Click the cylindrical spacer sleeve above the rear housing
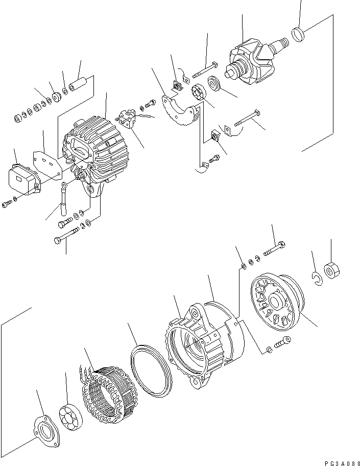click(x=81, y=83)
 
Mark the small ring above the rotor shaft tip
click(x=299, y=34)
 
